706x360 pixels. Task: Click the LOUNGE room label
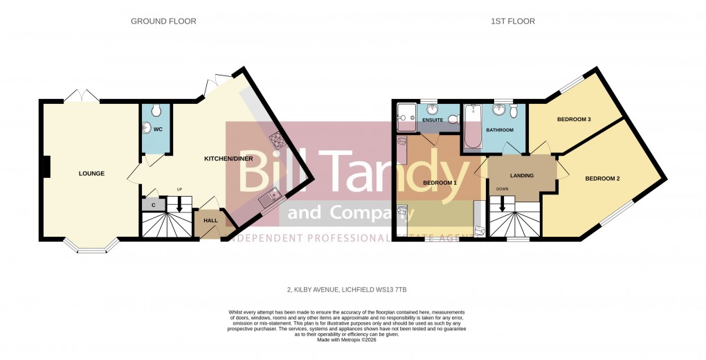(x=91, y=173)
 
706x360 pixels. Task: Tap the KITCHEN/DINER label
(x=228, y=159)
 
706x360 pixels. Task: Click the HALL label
(x=210, y=221)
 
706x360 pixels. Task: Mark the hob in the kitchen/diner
(x=278, y=140)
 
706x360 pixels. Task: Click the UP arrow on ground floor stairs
(x=179, y=205)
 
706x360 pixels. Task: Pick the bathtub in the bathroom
(x=473, y=126)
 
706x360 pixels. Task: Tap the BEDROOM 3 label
(x=574, y=119)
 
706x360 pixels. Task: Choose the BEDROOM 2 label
(x=601, y=179)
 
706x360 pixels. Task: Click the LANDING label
(x=521, y=175)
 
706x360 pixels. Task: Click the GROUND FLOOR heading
(x=163, y=21)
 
